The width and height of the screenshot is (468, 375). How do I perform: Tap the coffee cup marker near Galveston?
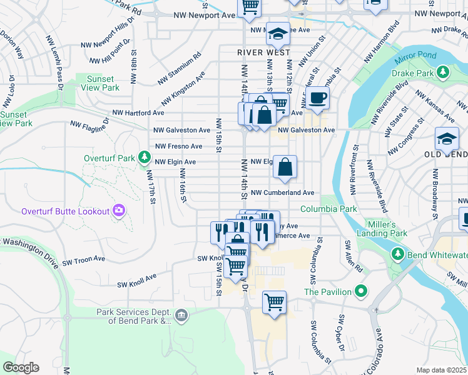coord(317,98)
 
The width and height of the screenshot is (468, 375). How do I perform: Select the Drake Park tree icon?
coord(443,73)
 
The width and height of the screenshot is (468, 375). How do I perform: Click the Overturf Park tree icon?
coord(145,156)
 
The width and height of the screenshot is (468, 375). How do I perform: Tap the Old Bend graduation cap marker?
coord(447,137)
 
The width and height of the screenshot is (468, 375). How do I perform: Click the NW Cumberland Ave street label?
coord(283,193)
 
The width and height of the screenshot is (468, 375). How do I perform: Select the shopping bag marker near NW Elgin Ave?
coord(285,167)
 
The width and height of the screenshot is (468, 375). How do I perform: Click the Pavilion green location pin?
coord(360,291)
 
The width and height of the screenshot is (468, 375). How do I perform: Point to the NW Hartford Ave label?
coord(138,113)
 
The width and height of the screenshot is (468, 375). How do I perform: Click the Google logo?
coord(21,367)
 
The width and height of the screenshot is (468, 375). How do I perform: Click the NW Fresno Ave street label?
coord(178,146)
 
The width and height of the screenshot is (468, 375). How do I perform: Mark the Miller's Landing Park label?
coord(382,229)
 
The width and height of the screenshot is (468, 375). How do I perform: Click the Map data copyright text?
coord(442,370)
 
